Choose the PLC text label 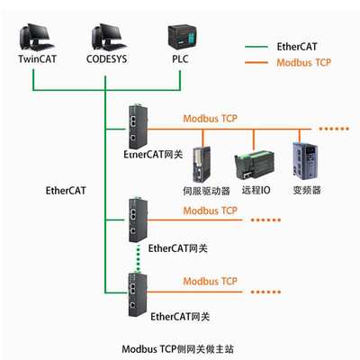coord(180,60)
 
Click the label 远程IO coord(256,191)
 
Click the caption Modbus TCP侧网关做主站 coord(183,346)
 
